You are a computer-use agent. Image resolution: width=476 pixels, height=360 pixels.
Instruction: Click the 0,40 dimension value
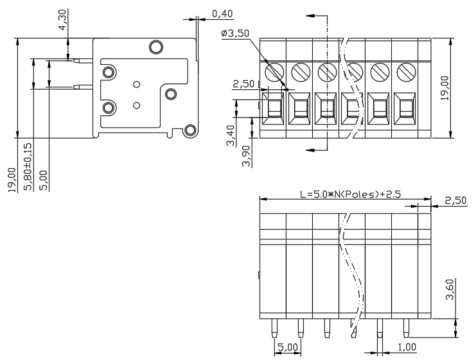coord(222,13)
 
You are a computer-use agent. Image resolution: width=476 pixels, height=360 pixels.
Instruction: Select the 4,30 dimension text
coord(62,20)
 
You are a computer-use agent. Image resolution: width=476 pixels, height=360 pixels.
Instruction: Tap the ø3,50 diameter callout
coord(235,33)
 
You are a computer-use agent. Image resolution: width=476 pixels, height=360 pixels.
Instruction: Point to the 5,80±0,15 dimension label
coord(28,166)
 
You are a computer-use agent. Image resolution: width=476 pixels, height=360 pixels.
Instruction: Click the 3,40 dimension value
coord(231,135)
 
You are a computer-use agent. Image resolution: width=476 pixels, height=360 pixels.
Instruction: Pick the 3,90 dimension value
coord(247,156)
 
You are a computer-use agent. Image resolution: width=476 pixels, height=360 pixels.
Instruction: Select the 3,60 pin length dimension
coord(450,289)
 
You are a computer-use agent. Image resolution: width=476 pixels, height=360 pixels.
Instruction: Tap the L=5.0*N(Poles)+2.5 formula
coord(350,194)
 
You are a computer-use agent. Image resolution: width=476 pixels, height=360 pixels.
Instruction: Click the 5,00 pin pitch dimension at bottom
coord(288,347)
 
